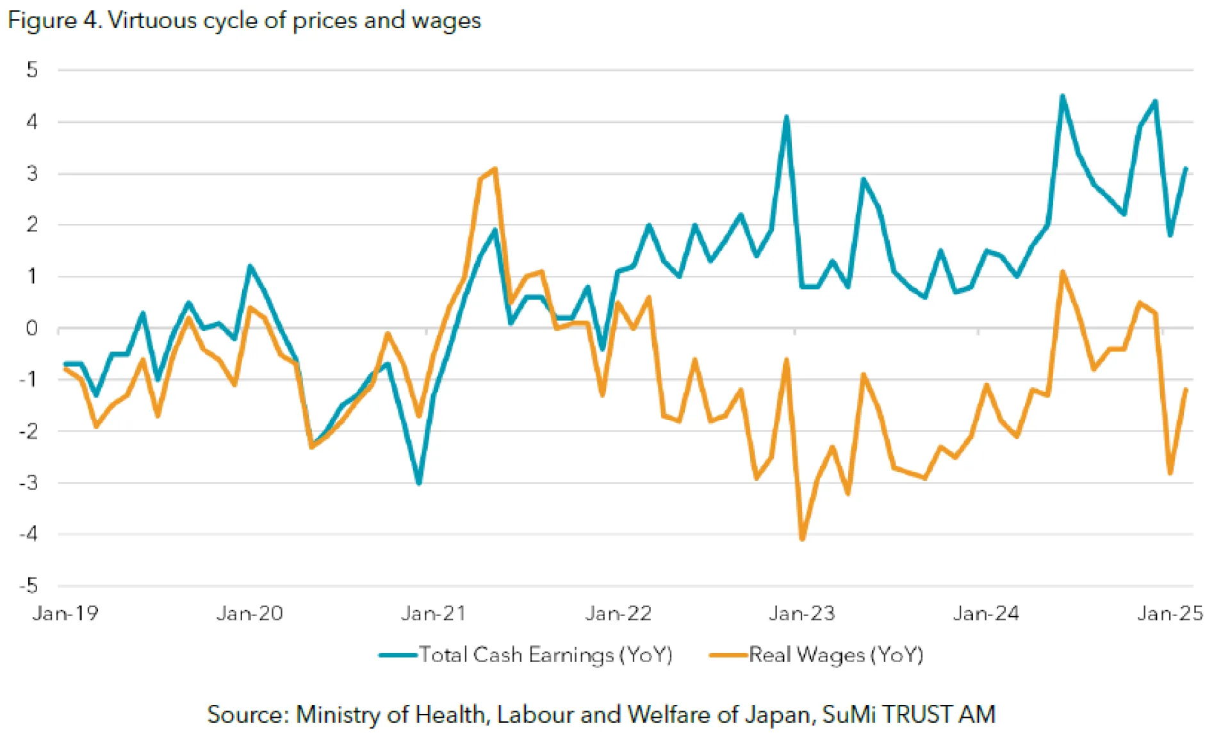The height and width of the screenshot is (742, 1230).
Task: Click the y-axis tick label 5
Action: click(32, 70)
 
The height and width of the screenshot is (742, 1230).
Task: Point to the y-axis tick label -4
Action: click(29, 534)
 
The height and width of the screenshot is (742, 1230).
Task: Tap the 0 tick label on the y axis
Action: click(32, 328)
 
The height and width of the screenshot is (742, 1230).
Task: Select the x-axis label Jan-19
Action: click(65, 613)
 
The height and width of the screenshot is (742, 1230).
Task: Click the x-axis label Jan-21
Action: click(434, 613)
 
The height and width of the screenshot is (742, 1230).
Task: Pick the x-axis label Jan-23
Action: click(802, 613)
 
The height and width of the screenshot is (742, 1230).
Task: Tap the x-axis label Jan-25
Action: click(1170, 613)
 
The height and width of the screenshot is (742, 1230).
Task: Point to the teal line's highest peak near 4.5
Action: click(1063, 96)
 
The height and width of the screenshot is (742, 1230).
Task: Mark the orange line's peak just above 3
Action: click(495, 169)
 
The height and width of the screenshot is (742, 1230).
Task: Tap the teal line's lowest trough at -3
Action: click(419, 483)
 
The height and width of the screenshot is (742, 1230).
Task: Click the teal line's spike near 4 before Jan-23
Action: click(787, 117)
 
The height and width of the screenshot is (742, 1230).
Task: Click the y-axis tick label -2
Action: click(29, 431)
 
